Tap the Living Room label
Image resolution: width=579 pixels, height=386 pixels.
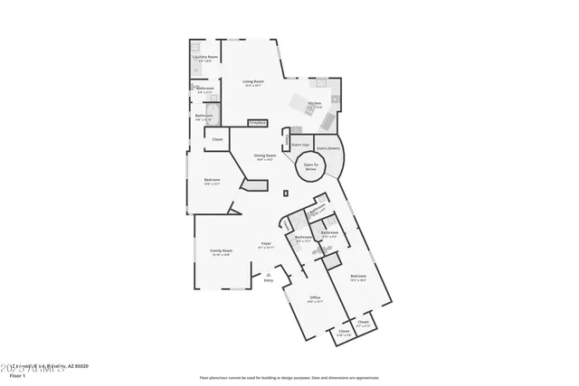pyautogui.click(x=252, y=83)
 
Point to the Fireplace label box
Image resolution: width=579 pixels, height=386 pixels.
pyautogui.click(x=258, y=121)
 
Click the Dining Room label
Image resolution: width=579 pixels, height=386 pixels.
pyautogui.click(x=264, y=155)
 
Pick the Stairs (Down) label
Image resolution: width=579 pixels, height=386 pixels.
pyautogui.click(x=327, y=148)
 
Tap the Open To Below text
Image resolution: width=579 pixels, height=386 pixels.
pyautogui.click(x=310, y=167)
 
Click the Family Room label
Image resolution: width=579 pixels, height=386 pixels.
pyautogui.click(x=221, y=251)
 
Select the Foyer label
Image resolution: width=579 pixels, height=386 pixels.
pyautogui.click(x=266, y=244)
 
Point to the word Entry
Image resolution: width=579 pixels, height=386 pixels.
pyautogui.click(x=268, y=281)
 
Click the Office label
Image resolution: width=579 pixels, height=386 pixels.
pyautogui.click(x=315, y=297)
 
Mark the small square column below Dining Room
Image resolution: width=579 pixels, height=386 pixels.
pyautogui.click(x=286, y=192)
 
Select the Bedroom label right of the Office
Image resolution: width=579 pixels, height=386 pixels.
pyautogui.click(x=358, y=276)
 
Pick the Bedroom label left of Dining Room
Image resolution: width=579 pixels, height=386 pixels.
pyautogui.click(x=212, y=181)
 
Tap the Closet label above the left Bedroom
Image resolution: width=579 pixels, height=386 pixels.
pyautogui.click(x=217, y=139)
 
